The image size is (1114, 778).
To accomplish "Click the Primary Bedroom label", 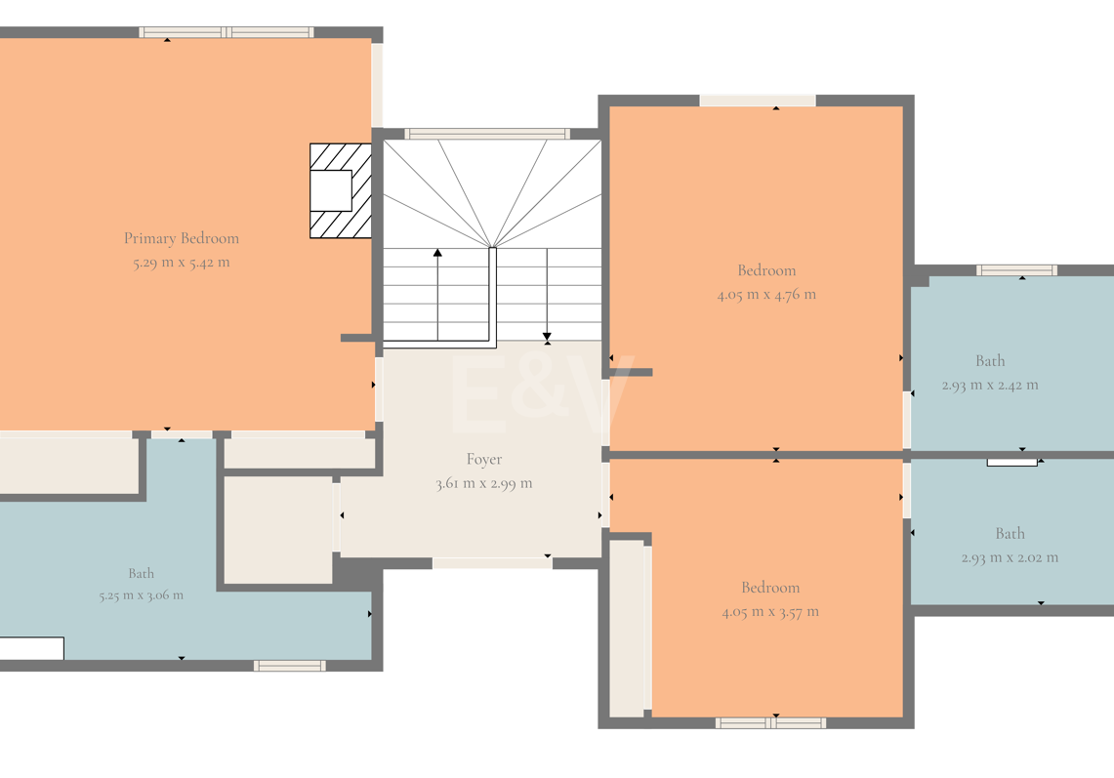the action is [182, 239].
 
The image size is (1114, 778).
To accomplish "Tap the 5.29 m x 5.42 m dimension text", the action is [182, 263].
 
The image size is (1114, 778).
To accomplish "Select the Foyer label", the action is [484, 460].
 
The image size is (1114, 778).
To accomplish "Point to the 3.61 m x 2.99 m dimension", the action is [484, 484].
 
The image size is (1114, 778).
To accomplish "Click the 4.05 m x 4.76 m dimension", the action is [766, 295].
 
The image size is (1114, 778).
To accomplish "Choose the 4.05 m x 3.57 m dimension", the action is [770, 612].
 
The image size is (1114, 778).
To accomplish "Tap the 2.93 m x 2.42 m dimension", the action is [990, 385].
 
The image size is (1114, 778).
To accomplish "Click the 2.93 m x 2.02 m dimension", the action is [1010, 557].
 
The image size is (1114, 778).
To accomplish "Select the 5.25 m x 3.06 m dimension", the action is [142, 595].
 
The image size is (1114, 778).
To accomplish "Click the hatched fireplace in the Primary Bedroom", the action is [341, 190].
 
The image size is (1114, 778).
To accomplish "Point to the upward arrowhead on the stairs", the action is [437, 253].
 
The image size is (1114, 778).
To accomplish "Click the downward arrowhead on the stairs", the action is [547, 337].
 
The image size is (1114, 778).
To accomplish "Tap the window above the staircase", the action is [486, 134].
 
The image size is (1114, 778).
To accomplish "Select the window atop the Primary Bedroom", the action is [226, 32].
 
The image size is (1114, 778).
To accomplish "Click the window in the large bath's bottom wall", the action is [290, 666].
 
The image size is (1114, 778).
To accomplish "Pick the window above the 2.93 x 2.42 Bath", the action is [1016, 270].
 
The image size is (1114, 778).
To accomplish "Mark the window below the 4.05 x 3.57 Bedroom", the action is [771, 723].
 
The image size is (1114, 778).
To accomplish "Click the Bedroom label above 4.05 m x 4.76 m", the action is [766, 270].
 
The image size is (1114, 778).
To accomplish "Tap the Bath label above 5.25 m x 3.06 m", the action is [142, 573].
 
